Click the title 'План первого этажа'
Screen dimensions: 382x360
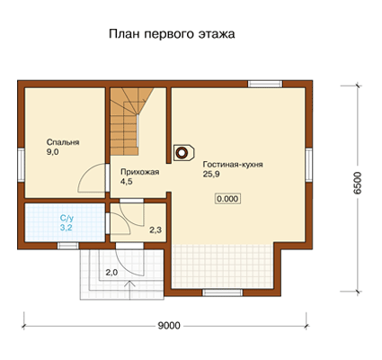coord(172,34)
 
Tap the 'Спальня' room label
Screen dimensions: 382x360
coord(63,142)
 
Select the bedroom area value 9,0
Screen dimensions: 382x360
coord(52,152)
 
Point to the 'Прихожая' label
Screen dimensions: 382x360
coord(139,172)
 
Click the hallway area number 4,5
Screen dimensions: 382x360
coord(127,182)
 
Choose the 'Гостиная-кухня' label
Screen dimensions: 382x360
coord(233,165)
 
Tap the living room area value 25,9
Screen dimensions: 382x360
coord(211,174)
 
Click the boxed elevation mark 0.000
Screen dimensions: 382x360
coord(227,199)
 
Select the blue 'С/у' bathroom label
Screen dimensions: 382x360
coord(66,218)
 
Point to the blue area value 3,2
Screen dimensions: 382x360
coord(66,228)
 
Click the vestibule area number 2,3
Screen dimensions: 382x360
coord(155,230)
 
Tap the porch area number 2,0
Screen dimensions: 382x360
coord(111,273)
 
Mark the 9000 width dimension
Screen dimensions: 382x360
coord(169,326)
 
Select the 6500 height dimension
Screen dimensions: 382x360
coord(357,184)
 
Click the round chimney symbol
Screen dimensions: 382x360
coord(181,153)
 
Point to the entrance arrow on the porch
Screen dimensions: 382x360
coord(129,290)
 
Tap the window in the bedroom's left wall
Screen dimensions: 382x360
coord(21,165)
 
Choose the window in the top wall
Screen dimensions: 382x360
coord(265,84)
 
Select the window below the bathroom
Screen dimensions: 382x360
coord(68,246)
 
